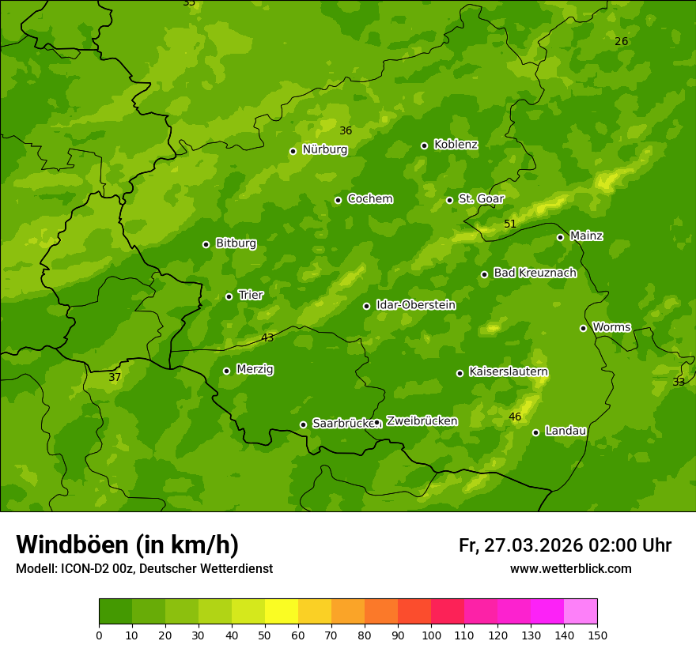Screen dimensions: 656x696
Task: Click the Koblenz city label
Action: coord(456,145)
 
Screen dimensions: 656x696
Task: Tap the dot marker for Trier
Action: coord(229,296)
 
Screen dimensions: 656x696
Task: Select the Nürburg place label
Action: coord(324,149)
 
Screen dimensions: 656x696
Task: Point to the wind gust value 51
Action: coord(510,224)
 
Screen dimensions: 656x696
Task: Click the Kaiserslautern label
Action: coord(509,371)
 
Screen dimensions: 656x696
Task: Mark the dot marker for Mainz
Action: coord(560,237)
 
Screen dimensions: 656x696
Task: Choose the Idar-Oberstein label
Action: coord(415,304)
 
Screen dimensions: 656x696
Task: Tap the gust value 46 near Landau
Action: coord(515,417)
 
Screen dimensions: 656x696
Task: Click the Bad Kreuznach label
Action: coord(535,273)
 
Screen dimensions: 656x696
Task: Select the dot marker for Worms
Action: coord(583,328)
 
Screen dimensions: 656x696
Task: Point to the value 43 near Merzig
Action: coord(267,337)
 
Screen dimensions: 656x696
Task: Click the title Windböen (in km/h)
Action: coord(127,545)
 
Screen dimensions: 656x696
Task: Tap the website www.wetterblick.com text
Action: coord(570,568)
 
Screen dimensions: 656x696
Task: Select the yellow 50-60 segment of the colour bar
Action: coord(282,611)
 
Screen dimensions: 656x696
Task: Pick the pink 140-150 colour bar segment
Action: coord(581,611)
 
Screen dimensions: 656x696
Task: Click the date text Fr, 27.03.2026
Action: coord(520,545)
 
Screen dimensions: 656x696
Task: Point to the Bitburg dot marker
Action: coord(206,244)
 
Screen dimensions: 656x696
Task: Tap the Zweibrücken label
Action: coord(422,421)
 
